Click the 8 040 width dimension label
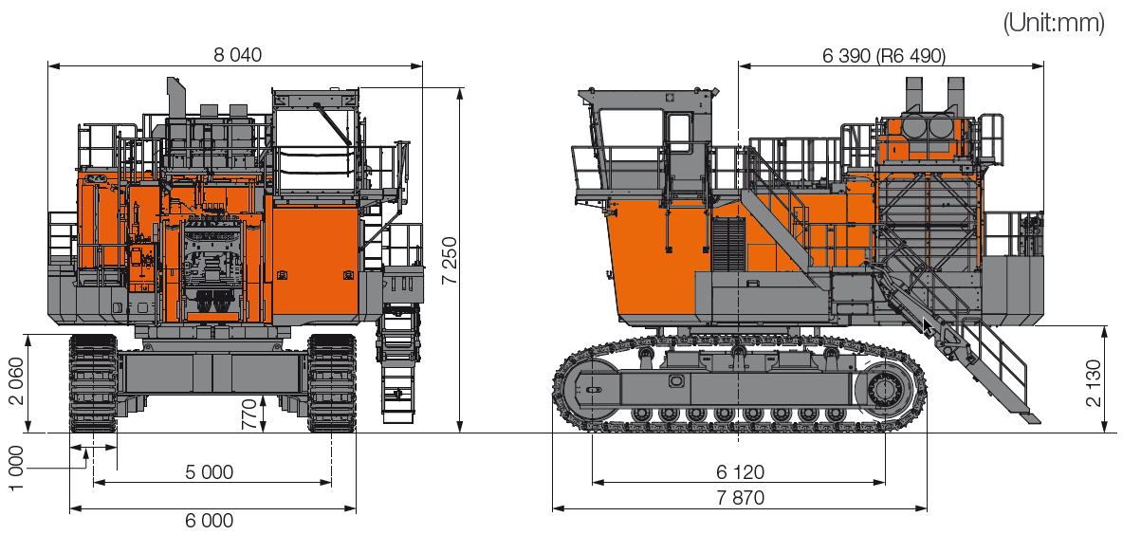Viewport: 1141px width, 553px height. point(237,55)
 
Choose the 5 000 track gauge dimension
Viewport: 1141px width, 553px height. point(210,472)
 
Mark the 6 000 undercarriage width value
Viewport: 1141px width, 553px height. point(210,520)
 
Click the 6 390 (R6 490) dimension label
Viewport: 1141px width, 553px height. point(883,56)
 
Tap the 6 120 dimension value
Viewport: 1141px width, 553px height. point(740,472)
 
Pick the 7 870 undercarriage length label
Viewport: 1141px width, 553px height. point(740,497)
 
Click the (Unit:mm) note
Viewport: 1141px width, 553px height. point(1053,24)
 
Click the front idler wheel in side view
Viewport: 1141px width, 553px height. point(589,388)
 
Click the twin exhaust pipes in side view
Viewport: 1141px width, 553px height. point(934,95)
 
